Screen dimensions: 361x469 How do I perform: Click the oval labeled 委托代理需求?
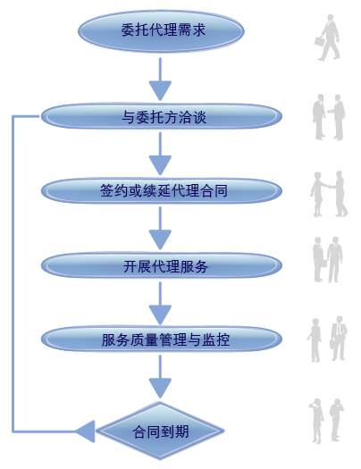161,30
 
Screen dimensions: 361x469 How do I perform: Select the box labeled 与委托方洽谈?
162,116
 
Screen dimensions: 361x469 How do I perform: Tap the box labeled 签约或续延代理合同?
162,191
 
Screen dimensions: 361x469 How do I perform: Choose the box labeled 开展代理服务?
162,265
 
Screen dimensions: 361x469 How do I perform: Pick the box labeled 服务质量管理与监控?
162,339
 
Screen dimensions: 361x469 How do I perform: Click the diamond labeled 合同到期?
160,431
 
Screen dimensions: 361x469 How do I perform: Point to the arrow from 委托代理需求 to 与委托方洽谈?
160,80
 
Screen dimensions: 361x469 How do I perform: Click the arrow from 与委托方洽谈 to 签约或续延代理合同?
160,154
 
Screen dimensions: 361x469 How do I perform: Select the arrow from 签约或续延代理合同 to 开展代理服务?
160,228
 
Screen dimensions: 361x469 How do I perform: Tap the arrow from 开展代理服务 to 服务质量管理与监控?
160,303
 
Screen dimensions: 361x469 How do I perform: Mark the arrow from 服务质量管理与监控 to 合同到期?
160,377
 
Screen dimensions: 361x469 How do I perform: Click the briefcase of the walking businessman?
319,41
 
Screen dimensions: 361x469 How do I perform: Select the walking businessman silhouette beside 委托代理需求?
328,38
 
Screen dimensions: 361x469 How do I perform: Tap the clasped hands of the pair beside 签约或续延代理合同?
330,187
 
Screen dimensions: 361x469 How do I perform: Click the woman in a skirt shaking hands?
318,195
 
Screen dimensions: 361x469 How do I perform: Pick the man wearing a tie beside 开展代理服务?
335,259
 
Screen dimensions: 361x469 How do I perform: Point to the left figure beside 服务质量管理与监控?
315,340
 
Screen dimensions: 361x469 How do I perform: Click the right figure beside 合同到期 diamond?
336,420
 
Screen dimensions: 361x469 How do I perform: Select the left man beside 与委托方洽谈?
319,117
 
